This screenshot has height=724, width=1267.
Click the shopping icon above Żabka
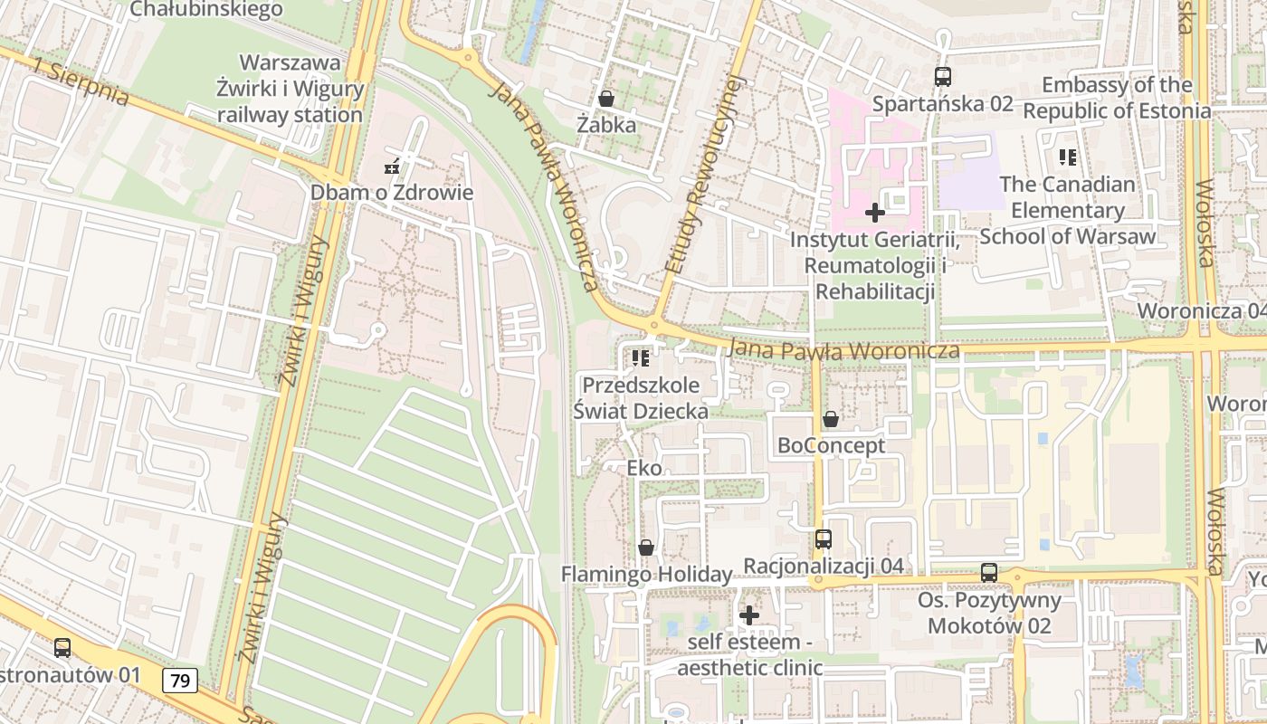[605, 98]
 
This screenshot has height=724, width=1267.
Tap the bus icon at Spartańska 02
[942, 76]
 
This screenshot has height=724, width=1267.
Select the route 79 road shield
[181, 681]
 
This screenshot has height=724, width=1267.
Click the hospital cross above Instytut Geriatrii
[874, 214]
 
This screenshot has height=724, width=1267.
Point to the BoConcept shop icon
[830, 419]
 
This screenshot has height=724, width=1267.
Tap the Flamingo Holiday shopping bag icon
[645, 548]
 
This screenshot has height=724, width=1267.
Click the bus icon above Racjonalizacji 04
[823, 539]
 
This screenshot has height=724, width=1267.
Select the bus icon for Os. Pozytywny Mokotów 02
[988, 573]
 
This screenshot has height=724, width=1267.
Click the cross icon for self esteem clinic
[749, 615]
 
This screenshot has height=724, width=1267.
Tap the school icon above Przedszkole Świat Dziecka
[641, 358]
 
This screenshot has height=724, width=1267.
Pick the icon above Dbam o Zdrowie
[392, 166]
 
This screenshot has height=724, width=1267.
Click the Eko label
[644, 469]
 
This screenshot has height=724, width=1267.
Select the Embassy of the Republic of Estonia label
[1117, 98]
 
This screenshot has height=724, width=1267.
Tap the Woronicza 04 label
[1202, 310]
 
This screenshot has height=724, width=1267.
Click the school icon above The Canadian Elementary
[1068, 157]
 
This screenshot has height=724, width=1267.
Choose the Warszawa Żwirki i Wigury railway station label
[290, 89]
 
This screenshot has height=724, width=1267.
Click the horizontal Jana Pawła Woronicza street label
[843, 349]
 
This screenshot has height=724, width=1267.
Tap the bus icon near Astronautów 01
[62, 648]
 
